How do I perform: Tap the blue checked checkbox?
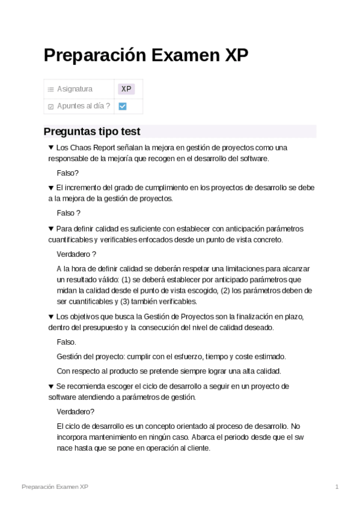coord(123,106)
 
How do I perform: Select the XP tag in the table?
coord(126,89)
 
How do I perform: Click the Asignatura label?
coord(75,89)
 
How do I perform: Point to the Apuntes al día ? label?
coord(83,106)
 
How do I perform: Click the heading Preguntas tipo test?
coord(92,131)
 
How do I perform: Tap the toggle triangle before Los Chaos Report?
coord(51,147)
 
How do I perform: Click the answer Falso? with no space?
coord(67,173)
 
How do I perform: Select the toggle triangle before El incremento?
coord(51,188)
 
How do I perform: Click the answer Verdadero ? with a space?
coord(76,254)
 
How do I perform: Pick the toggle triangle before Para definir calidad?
coord(51,229)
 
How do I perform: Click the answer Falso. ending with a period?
coord(66,342)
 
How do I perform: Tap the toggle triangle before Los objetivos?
coord(51,316)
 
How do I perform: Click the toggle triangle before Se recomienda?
coord(51,386)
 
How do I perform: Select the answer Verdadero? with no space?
coord(75,411)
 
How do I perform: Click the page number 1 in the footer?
coord(337,487)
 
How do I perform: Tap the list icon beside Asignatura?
coord(51,90)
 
